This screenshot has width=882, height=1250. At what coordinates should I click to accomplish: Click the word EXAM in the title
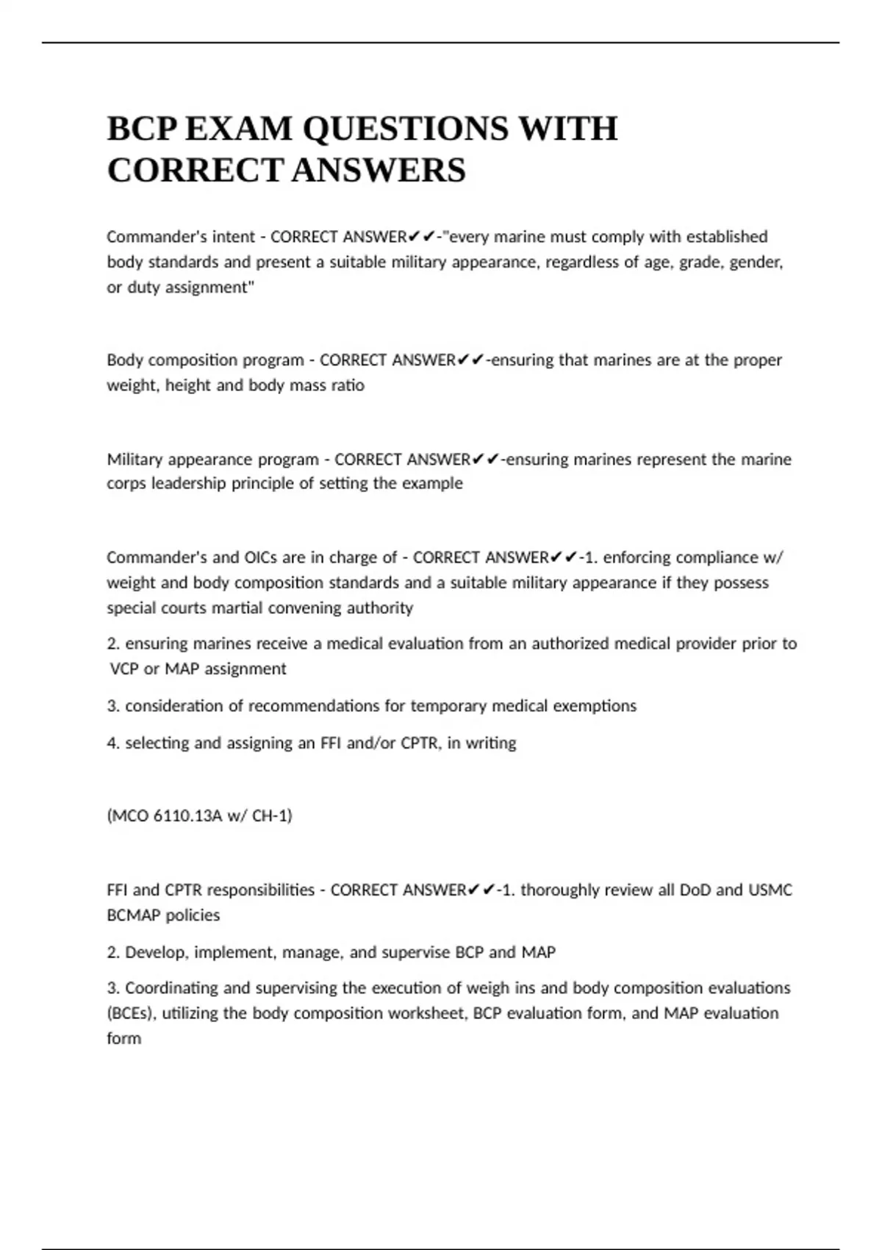(238, 129)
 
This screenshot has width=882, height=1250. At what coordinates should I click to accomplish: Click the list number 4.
(112, 743)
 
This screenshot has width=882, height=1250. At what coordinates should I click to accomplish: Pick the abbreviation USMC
(770, 890)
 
